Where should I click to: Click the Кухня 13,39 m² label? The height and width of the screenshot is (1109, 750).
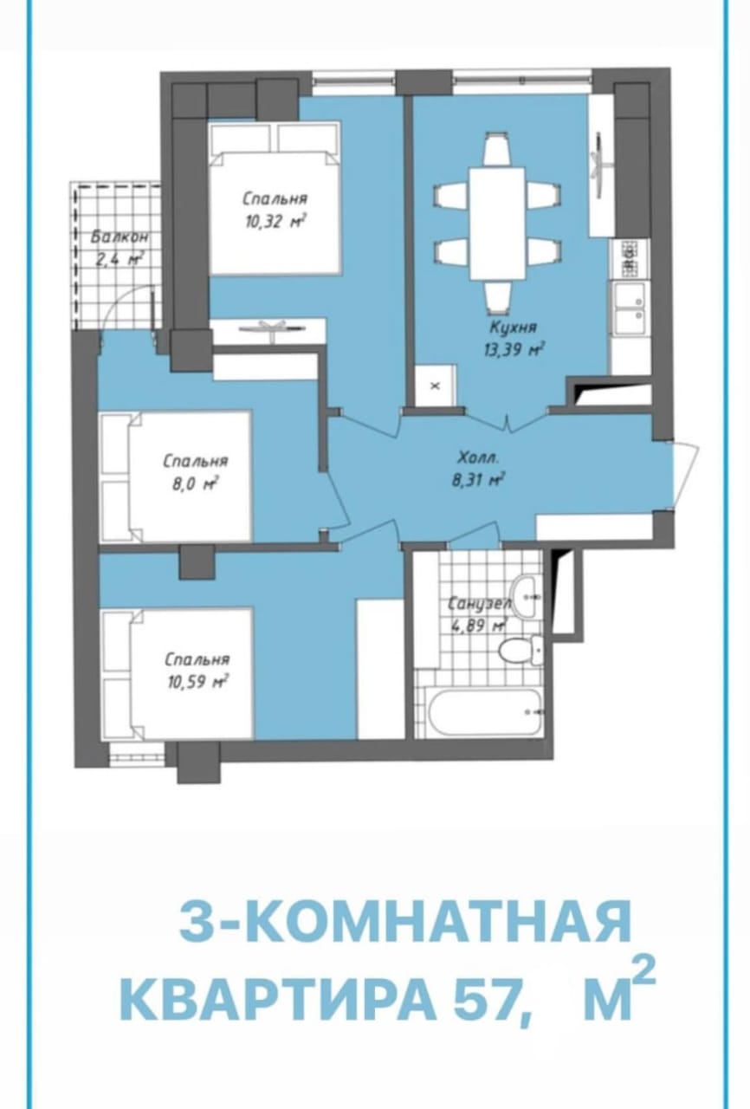tap(513, 339)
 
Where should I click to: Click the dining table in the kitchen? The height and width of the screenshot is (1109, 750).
tap(497, 223)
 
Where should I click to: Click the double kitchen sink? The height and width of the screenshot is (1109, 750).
tap(629, 308)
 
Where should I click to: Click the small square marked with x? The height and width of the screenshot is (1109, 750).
tap(435, 386)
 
